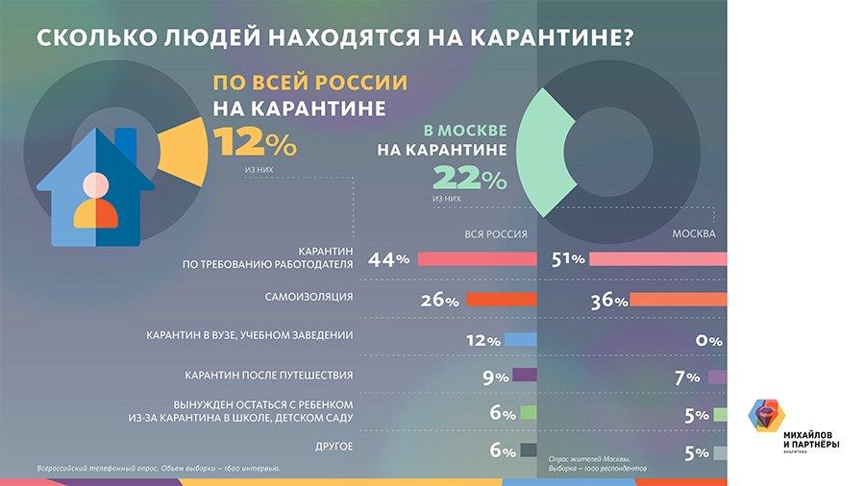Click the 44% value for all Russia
point(388,259)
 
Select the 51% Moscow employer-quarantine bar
point(657,259)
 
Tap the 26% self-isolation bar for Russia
point(500,300)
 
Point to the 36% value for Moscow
point(608,301)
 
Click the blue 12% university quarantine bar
point(519,340)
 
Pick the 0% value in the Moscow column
point(709,340)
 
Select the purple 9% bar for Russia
point(524,377)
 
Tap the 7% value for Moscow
point(686,377)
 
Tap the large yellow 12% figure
point(255,143)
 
